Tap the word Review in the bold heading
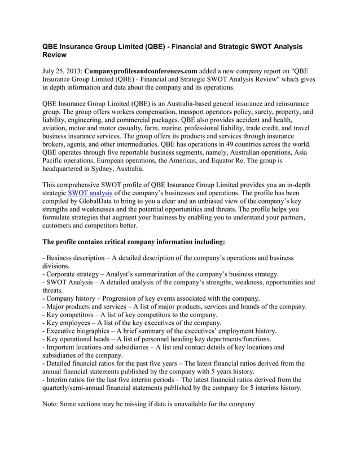(55, 55)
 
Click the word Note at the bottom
(52, 404)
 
